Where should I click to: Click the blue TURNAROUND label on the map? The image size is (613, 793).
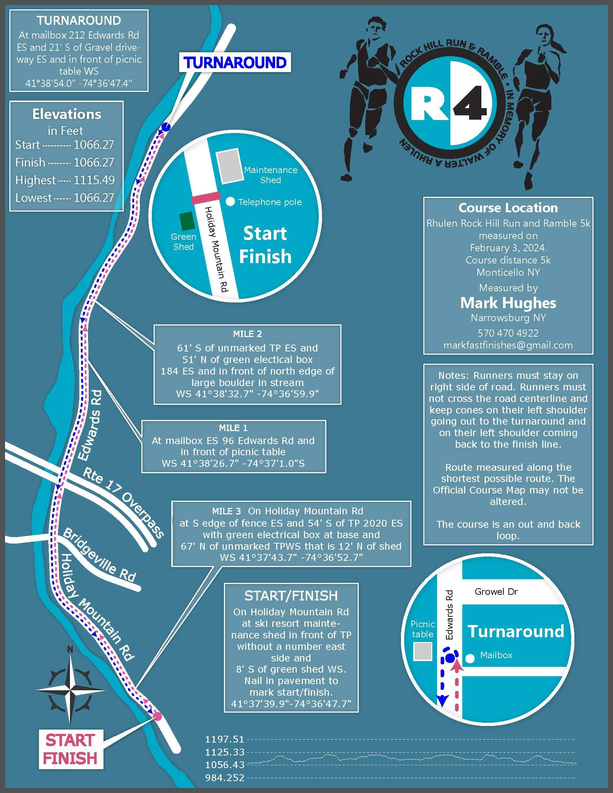[x=235, y=62]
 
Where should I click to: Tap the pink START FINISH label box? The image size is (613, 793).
[x=71, y=749]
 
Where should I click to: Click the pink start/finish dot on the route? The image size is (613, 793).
[x=157, y=716]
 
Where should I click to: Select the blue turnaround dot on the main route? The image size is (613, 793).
[x=166, y=127]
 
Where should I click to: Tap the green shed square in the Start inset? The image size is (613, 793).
[x=187, y=221]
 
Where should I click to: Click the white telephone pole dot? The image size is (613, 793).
[x=230, y=202]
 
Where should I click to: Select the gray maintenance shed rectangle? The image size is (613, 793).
[x=230, y=165]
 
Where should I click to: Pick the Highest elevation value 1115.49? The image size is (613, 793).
[x=94, y=180]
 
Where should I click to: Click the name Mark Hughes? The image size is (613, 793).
[x=508, y=303]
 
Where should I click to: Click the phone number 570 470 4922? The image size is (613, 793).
[x=508, y=333]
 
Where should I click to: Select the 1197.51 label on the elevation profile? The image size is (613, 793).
[x=224, y=739]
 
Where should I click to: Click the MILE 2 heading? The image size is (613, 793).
[x=247, y=334]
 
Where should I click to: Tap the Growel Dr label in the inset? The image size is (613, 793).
[x=496, y=592]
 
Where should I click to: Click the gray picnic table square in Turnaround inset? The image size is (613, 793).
[x=423, y=651]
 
